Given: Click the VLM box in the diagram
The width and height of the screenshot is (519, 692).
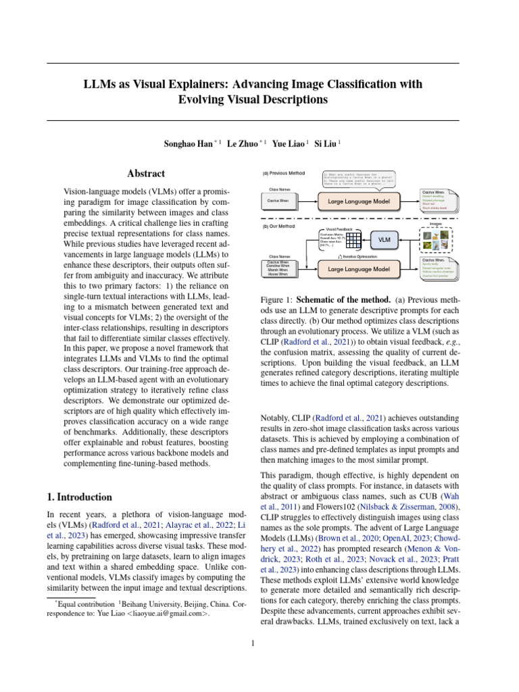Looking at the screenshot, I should click(x=384, y=239).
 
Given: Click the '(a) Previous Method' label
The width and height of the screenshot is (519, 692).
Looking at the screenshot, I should click(x=284, y=173).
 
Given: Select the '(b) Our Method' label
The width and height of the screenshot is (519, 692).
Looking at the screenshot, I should click(x=279, y=226).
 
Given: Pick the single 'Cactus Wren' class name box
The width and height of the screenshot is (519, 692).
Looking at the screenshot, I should click(x=279, y=201).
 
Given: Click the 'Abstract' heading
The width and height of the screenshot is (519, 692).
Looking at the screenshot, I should click(x=146, y=174).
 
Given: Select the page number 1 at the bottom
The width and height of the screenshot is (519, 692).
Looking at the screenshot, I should click(x=252, y=643).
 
